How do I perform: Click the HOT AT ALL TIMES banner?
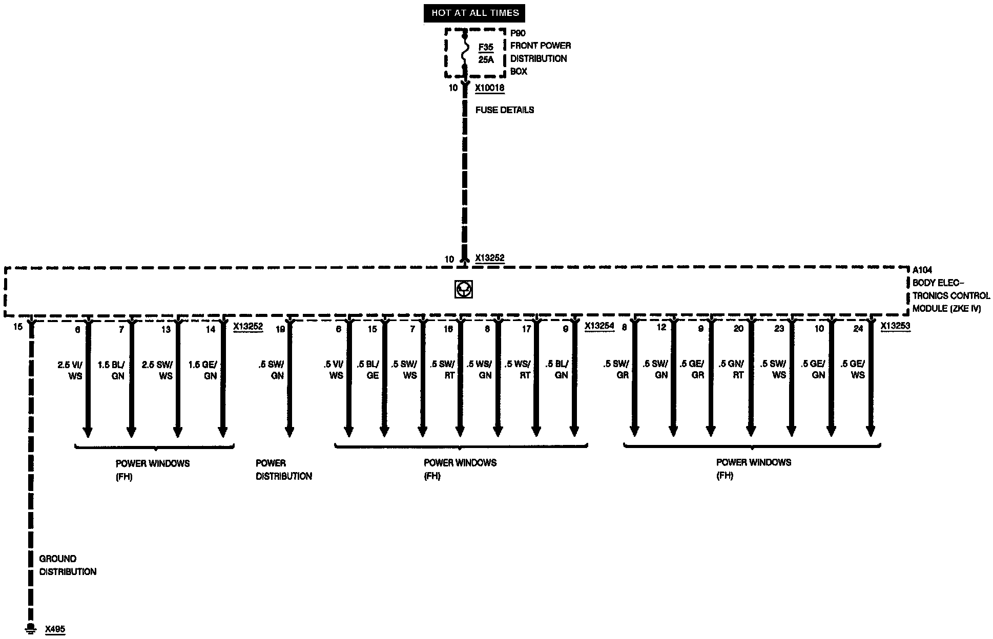tap(474, 13)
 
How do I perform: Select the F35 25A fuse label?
tap(486, 53)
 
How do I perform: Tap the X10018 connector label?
tap(489, 88)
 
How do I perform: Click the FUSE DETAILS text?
tap(504, 110)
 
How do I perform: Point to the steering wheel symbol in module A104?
tap(463, 289)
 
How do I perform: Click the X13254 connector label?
tap(599, 326)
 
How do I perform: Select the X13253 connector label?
tap(895, 326)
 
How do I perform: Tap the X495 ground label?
tap(55, 629)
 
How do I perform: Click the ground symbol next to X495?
tap(31, 628)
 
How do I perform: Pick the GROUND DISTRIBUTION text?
tap(68, 565)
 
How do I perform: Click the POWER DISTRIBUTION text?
tap(283, 470)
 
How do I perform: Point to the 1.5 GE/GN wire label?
tap(203, 370)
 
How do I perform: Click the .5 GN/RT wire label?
tap(731, 369)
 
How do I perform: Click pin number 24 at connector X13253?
tap(858, 329)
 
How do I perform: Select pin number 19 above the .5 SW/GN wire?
tap(280, 329)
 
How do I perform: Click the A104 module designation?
tap(922, 270)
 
